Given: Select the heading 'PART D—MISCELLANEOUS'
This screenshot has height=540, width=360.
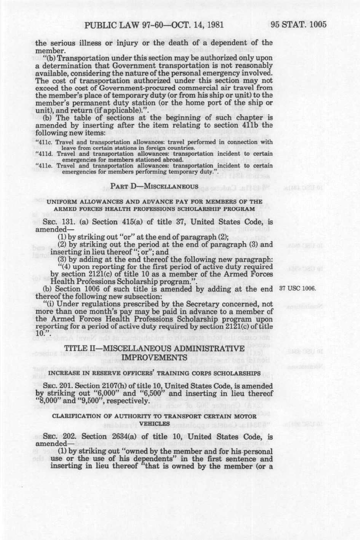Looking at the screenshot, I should (x=154, y=186).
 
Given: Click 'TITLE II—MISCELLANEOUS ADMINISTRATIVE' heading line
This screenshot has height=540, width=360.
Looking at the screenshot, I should (x=154, y=348).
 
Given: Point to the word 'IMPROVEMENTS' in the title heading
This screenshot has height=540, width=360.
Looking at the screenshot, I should (x=154, y=357).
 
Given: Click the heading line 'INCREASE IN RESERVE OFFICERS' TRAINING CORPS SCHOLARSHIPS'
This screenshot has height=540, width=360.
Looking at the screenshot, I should (x=154, y=373).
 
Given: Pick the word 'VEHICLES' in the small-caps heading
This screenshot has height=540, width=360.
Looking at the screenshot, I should (x=154, y=423).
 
